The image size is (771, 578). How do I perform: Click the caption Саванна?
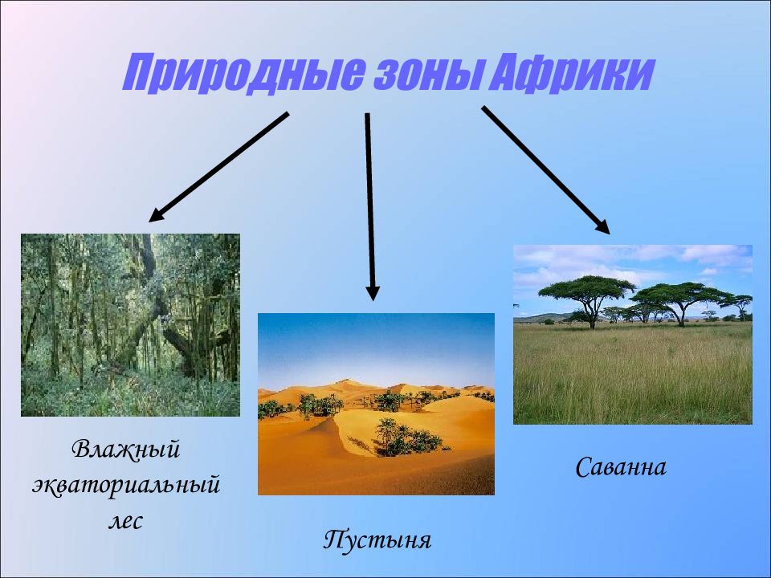pos(621,467)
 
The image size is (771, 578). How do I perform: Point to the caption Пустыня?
pos(377,539)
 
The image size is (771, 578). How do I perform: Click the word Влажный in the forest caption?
pos(126,450)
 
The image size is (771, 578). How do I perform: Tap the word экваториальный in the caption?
pos(126,485)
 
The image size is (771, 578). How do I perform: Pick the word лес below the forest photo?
pos(126,521)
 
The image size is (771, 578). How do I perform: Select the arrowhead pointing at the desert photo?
pos(373,293)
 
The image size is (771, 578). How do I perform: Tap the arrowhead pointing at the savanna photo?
pos(603,226)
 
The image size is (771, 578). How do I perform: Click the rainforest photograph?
pos(130,325)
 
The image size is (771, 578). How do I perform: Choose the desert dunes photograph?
pos(376,404)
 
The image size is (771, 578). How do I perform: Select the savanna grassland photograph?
pos(633,334)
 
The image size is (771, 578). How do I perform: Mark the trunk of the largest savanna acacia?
pos(592,315)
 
